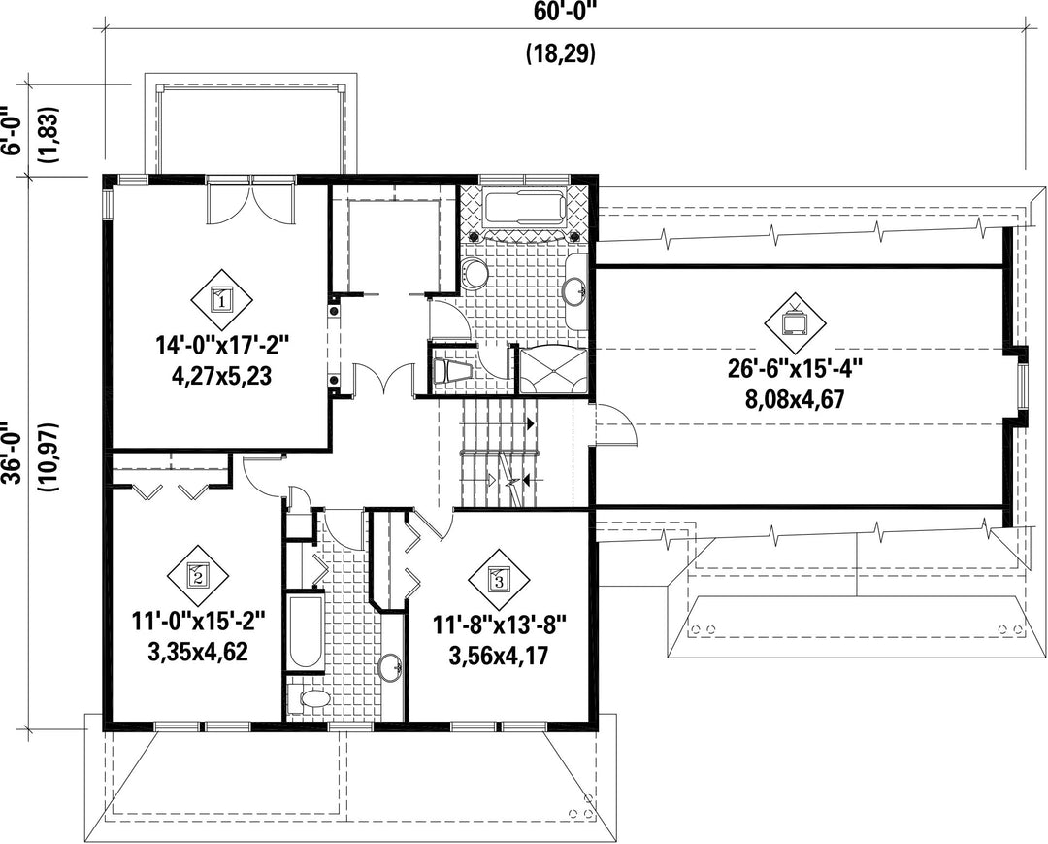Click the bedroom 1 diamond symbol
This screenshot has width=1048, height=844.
pos(222,299)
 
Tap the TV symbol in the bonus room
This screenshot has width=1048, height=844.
pos(796,323)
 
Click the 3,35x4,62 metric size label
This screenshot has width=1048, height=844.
pos(198,652)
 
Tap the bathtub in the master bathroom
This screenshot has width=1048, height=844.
pos(524,207)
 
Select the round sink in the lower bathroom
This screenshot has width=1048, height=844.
pos(390,668)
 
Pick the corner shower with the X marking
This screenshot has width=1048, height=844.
pos(553,370)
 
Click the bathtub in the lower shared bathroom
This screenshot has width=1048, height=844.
pos(306,631)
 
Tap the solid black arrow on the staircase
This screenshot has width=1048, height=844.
pos(531,423)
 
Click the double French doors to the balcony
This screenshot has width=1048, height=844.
pos(250,200)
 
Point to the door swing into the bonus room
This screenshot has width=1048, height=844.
pos(615,424)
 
